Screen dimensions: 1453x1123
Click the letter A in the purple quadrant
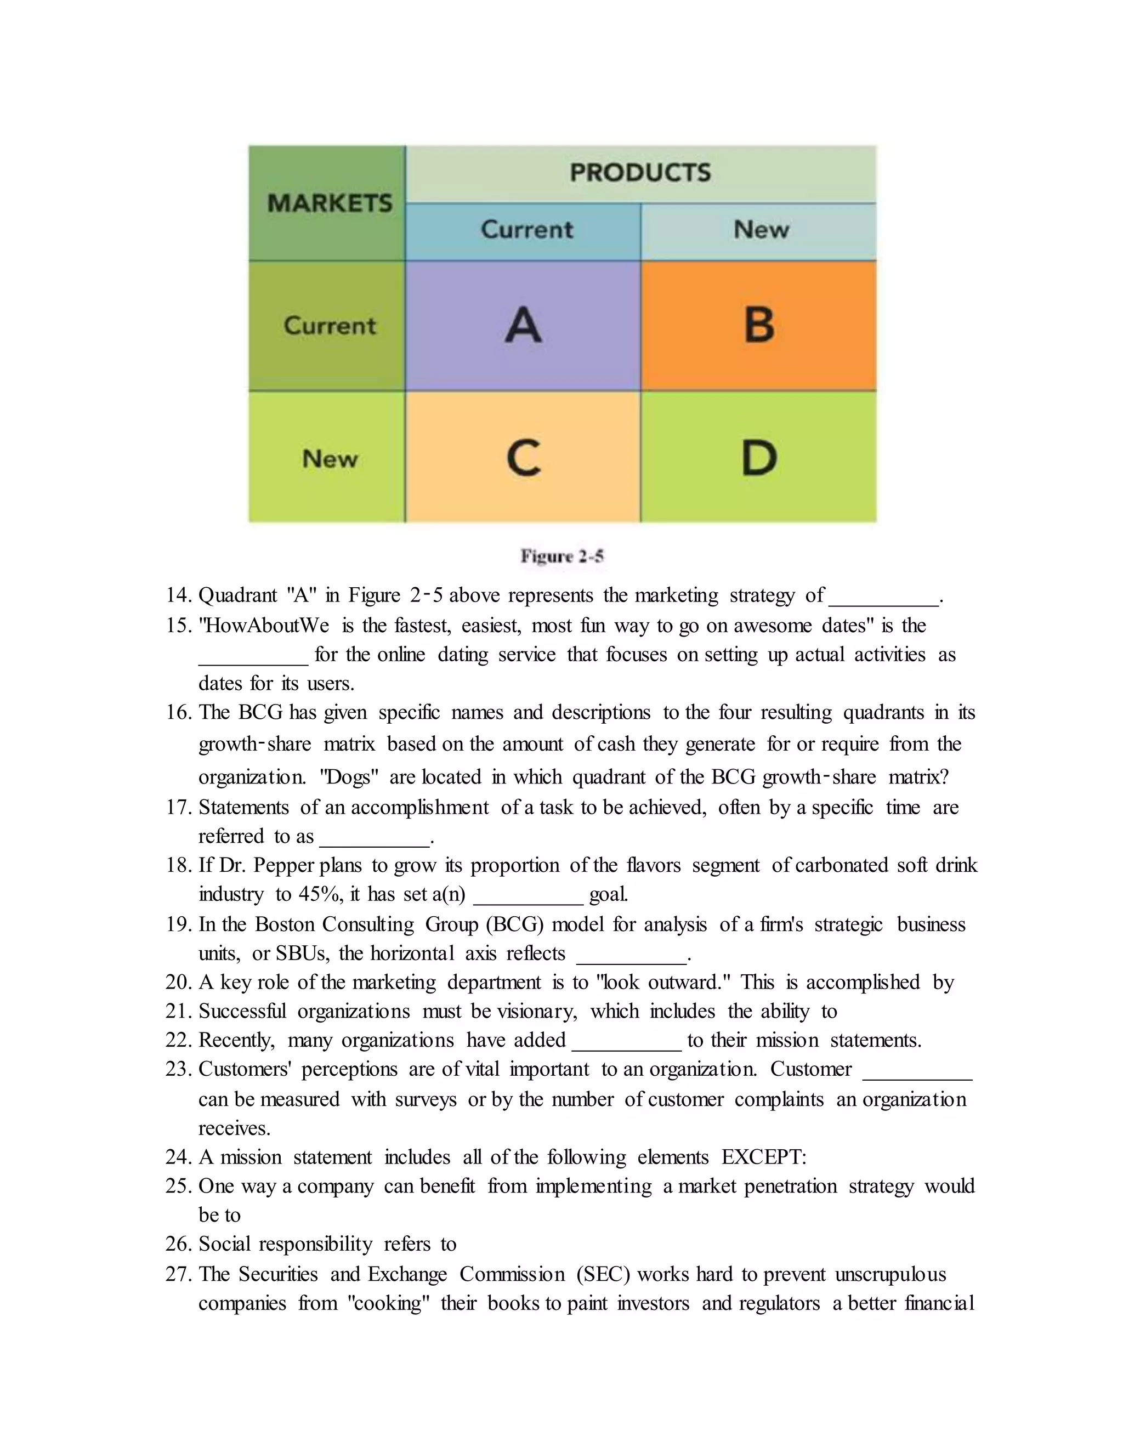point(523,325)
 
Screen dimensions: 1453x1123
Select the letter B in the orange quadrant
point(758,325)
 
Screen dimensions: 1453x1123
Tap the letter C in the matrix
point(523,458)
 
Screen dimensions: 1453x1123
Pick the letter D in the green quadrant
point(758,458)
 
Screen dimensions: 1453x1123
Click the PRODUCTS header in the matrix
point(640,173)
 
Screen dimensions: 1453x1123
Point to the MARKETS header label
point(330,203)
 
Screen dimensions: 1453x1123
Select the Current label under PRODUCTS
point(526,230)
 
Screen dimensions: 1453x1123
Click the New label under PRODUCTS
point(761,230)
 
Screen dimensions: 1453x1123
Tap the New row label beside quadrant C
point(330,458)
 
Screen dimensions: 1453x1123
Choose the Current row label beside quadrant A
point(330,325)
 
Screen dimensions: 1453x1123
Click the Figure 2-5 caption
point(561,556)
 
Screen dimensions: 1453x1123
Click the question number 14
point(178,595)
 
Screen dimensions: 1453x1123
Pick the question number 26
point(178,1245)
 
